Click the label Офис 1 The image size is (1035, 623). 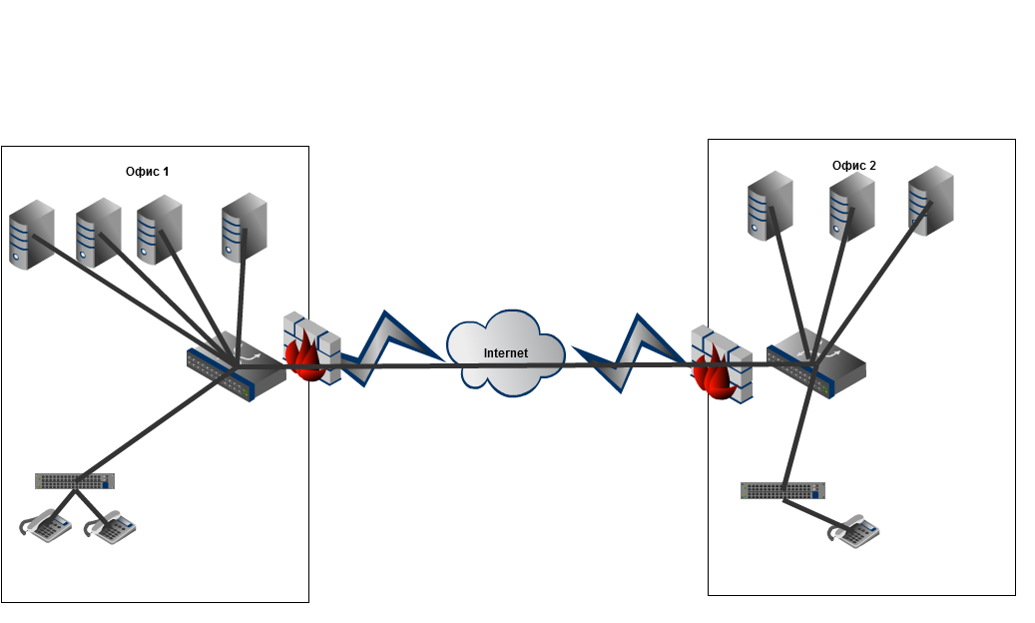[147, 172]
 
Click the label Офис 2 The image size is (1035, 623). [853, 165]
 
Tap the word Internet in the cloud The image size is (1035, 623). [505, 353]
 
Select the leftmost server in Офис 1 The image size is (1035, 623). [30, 235]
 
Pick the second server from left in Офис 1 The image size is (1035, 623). [98, 232]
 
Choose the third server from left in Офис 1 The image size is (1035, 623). [159, 229]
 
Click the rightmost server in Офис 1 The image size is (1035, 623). [245, 227]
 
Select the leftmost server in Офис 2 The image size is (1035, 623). [770, 206]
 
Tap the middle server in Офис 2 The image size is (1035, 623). [850, 205]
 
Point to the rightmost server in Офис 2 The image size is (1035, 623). [931, 203]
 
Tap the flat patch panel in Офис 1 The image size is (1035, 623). [74, 481]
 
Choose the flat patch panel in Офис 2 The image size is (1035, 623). [783, 490]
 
